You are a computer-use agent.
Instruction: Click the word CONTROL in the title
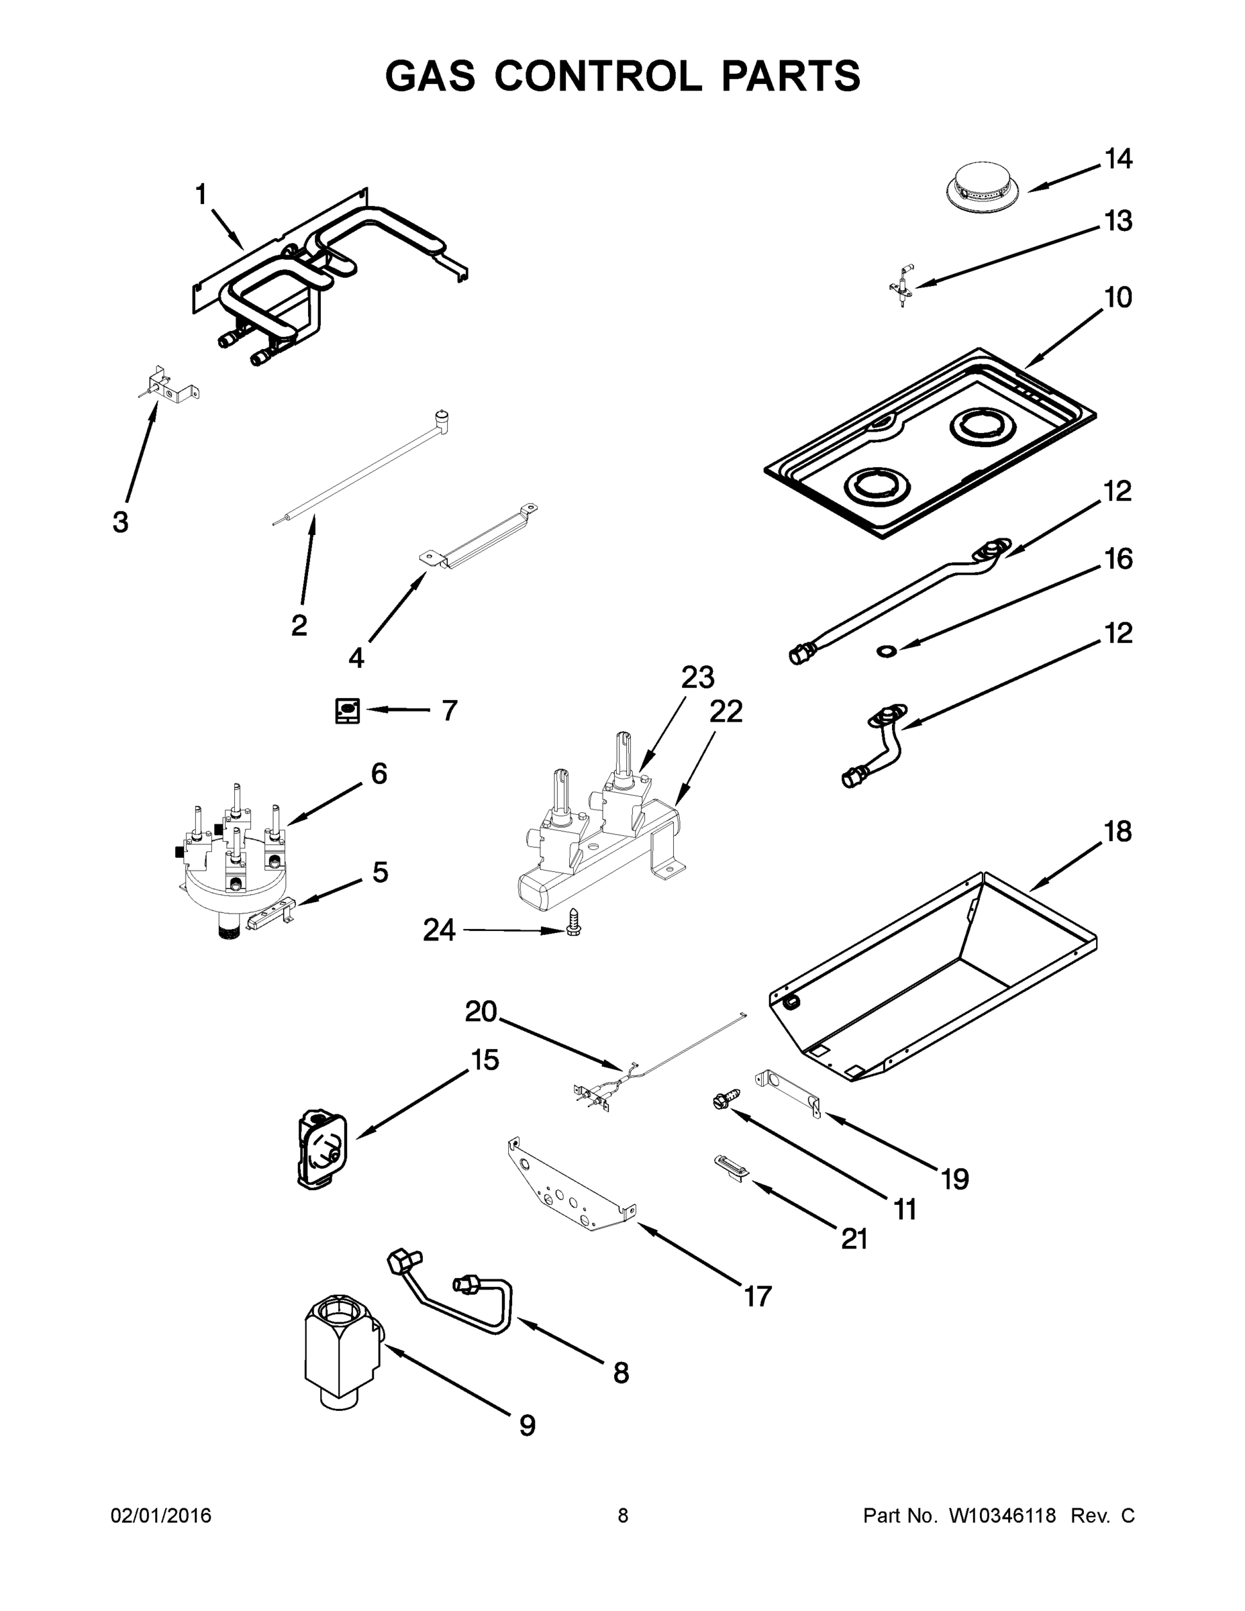point(598,75)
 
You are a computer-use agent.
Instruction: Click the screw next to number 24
point(574,923)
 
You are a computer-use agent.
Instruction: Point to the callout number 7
point(449,710)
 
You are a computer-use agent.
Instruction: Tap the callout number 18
point(1117,831)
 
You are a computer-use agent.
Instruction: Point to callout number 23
point(697,677)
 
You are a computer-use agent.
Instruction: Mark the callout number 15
point(485,1060)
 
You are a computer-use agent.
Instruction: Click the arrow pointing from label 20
point(560,1043)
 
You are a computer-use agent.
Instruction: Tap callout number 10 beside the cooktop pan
point(1117,297)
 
